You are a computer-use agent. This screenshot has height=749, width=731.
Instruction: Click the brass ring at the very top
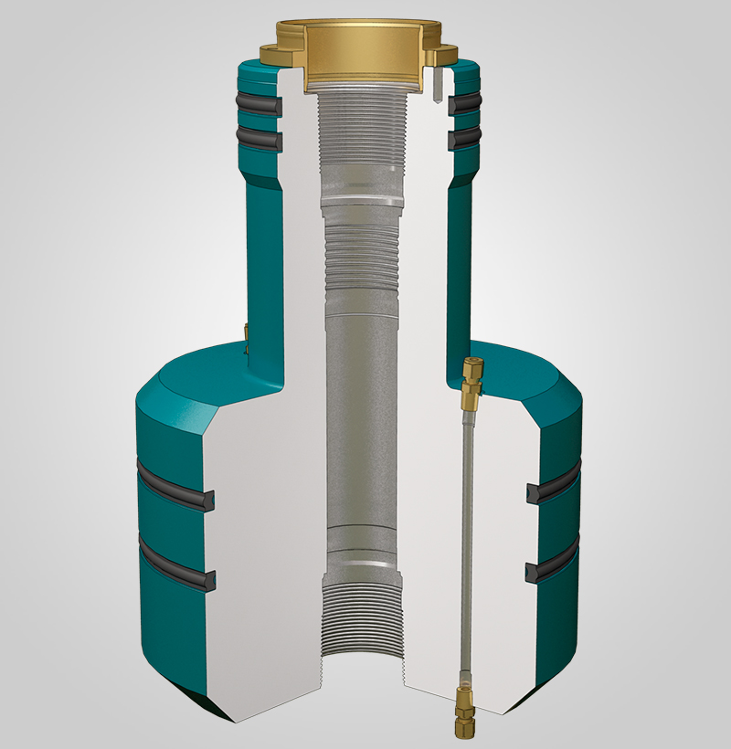(361, 50)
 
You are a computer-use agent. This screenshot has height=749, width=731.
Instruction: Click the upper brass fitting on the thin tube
(472, 383)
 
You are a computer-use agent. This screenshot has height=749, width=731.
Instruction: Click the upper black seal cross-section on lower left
(207, 501)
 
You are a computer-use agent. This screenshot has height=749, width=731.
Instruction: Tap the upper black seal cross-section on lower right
(534, 493)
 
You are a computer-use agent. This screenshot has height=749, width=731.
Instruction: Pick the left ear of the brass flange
(273, 54)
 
